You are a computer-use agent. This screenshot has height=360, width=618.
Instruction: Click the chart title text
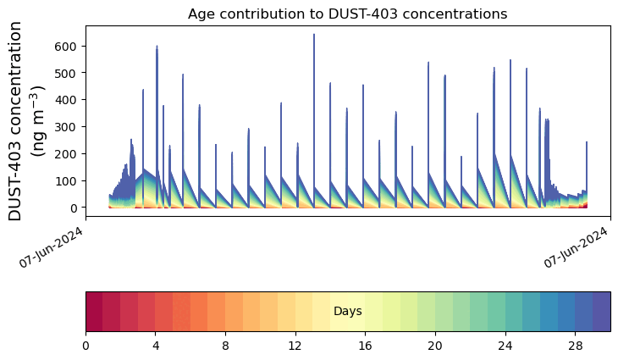[347, 14]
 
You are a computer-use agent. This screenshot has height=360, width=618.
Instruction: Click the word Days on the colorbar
[347, 312]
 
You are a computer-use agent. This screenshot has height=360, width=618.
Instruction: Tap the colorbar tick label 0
[86, 346]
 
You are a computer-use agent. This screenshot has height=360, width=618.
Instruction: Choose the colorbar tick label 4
[156, 346]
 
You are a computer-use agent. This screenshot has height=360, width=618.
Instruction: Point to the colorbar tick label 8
[225, 346]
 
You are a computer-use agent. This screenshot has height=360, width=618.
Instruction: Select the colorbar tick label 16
[365, 346]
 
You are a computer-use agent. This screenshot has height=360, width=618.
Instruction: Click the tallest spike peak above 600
[314, 36]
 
